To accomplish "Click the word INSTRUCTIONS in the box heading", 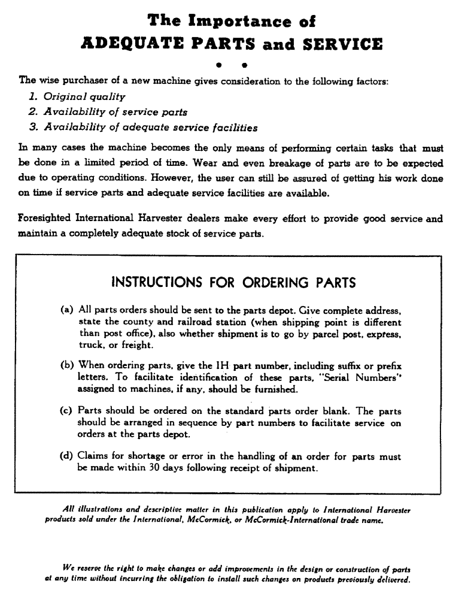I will (x=157, y=283).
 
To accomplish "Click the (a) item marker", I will (x=67, y=310).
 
